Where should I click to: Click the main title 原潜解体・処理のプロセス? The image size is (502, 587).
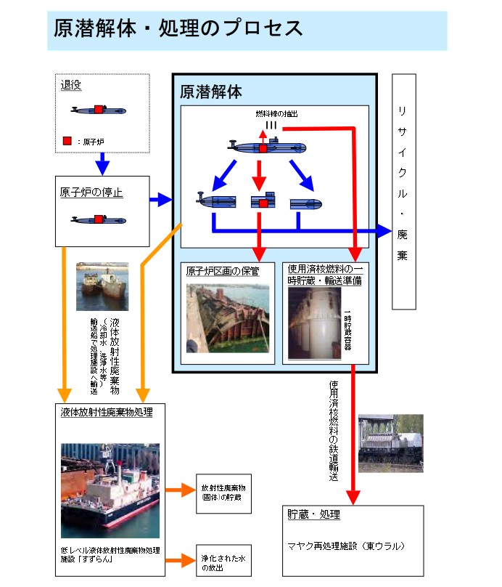pyautogui.click(x=178, y=29)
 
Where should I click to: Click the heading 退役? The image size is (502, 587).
pyautogui.click(x=71, y=85)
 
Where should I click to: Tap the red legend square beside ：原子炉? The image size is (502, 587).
pyautogui.click(x=67, y=141)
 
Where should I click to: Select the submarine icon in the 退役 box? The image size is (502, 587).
pyautogui.click(x=99, y=110)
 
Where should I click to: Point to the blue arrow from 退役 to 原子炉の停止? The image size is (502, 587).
pyautogui.click(x=102, y=163)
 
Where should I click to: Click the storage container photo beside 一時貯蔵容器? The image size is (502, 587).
pyautogui.click(x=314, y=323)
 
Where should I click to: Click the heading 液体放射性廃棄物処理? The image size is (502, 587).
pyautogui.click(x=106, y=413)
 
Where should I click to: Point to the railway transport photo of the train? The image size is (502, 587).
pyautogui.click(x=390, y=443)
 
